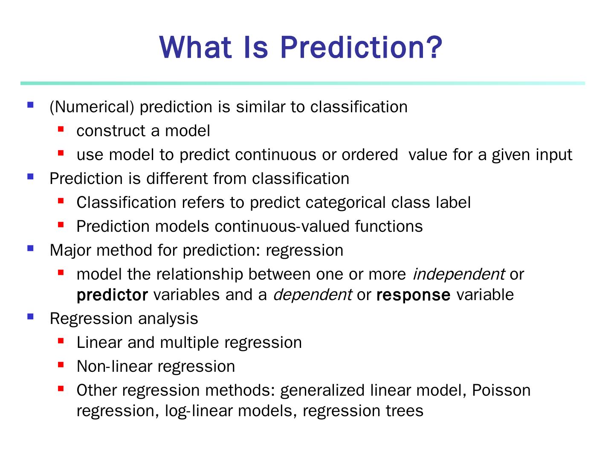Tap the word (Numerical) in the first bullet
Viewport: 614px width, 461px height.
(92, 107)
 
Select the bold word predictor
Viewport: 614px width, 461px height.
(112, 295)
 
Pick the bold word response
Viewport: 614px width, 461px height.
(414, 295)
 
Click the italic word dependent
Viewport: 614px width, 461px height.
(313, 295)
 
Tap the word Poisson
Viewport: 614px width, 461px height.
(501, 390)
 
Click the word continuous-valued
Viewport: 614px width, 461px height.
(282, 226)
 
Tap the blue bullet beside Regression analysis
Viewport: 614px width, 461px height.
(31, 316)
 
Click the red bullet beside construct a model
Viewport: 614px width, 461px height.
(61, 129)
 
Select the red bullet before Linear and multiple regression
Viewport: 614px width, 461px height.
(61, 341)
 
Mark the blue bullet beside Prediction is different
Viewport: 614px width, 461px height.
(31, 177)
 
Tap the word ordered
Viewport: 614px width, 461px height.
(370, 155)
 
